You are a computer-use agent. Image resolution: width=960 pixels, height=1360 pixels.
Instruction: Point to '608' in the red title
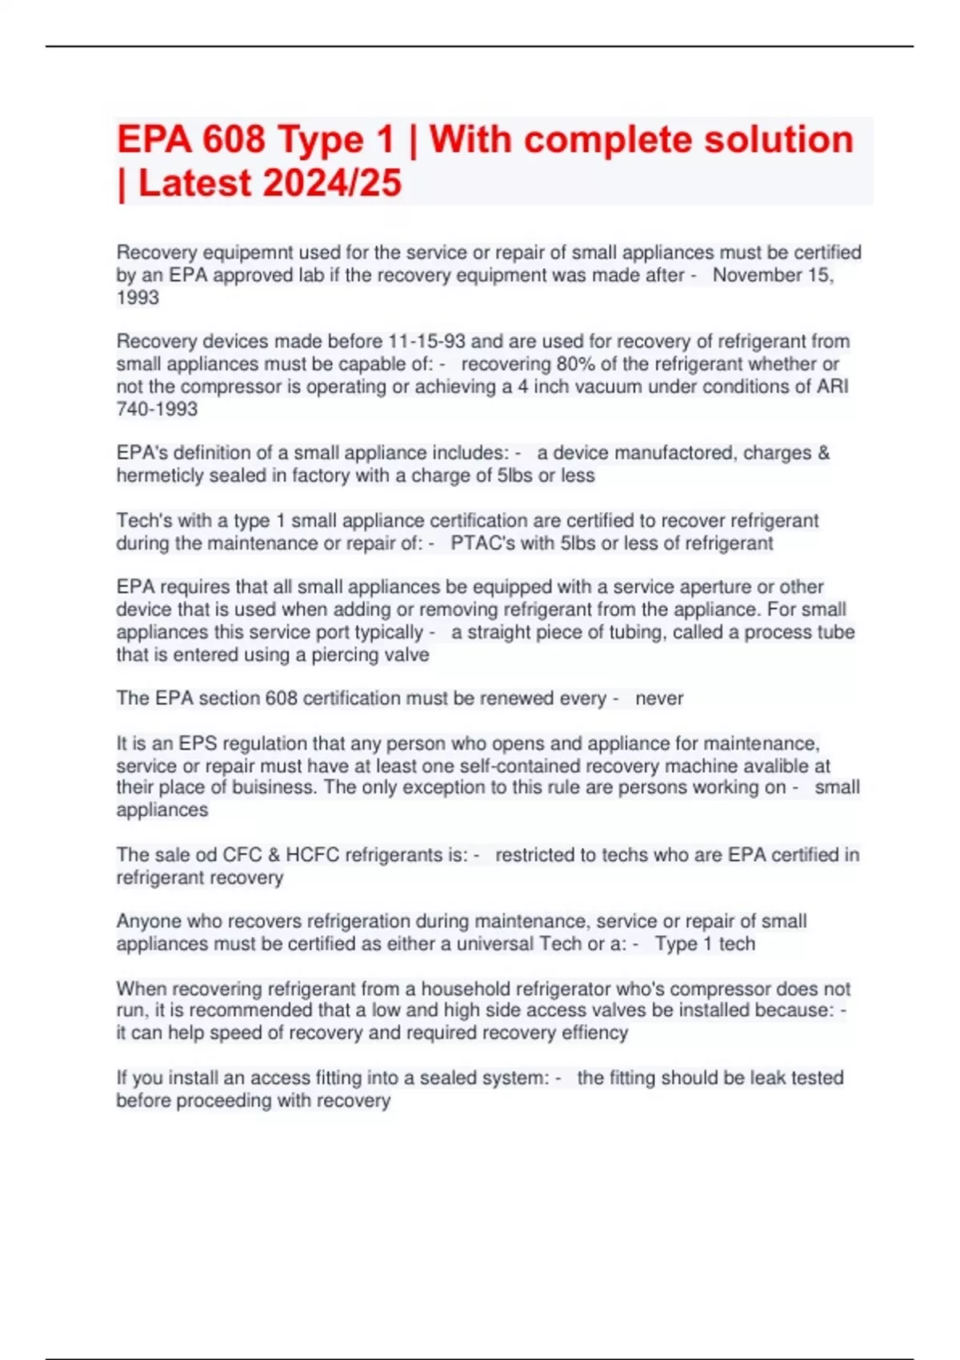pyautogui.click(x=234, y=140)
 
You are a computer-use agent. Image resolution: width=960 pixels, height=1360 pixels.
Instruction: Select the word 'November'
pyautogui.click(x=758, y=275)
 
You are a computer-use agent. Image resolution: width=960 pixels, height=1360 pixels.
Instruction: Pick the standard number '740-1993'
pyautogui.click(x=157, y=409)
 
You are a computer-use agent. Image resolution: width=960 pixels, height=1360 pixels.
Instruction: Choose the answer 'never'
pyautogui.click(x=659, y=698)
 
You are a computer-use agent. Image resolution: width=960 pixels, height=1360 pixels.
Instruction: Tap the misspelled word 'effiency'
pyautogui.click(x=589, y=1033)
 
